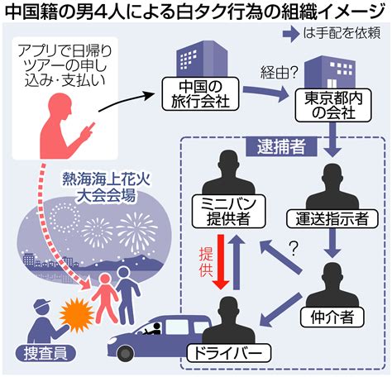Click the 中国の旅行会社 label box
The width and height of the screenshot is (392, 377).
pyautogui.click(x=200, y=94)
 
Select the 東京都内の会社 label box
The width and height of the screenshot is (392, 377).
pyautogui.click(x=333, y=106)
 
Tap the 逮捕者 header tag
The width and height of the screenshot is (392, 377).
pyautogui.click(x=281, y=146)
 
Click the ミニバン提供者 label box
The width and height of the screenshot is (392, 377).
pyautogui.click(x=228, y=212)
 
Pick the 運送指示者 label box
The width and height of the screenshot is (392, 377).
pyautogui.click(x=332, y=219)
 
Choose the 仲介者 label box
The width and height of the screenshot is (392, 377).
pyautogui.click(x=332, y=317)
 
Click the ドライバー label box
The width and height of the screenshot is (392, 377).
pyautogui.click(x=228, y=353)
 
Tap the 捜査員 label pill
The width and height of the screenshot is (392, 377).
pyautogui.click(x=45, y=353)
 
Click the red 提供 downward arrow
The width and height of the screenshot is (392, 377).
pyautogui.click(x=222, y=262)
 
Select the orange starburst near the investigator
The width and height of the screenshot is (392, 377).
pyautogui.click(x=77, y=314)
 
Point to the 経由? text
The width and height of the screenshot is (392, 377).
pyautogui.click(x=279, y=73)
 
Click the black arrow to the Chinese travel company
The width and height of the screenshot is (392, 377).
pyautogui.click(x=127, y=101)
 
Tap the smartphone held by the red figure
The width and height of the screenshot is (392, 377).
pyautogui.click(x=90, y=127)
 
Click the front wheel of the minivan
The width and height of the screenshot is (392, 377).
pyautogui.click(x=126, y=353)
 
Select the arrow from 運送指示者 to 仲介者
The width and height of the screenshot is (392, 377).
pyautogui.click(x=332, y=244)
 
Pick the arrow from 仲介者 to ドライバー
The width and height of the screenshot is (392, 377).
pyautogui.click(x=280, y=309)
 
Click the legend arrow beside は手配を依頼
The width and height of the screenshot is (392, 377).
pyautogui.click(x=291, y=34)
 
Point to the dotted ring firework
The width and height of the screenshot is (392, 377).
pyautogui.click(x=65, y=217)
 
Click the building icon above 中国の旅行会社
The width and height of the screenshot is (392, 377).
pyautogui.click(x=202, y=59)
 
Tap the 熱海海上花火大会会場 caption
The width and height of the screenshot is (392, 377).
pyautogui.click(x=107, y=188)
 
